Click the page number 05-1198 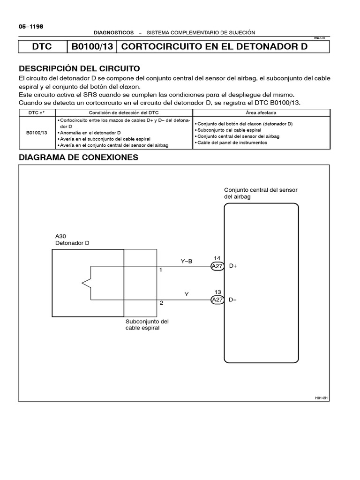pyautogui.click(x=31, y=27)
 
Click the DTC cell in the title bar pyautogui.click(x=42, y=47)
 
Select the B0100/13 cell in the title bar pyautogui.click(x=91, y=47)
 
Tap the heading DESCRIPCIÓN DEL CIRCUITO pyautogui.click(x=79, y=68)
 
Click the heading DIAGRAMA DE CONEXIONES pyautogui.click(x=78, y=157)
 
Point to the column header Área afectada pyautogui.click(x=261, y=113)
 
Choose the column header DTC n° pyautogui.click(x=37, y=113)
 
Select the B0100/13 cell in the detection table pyautogui.click(x=37, y=133)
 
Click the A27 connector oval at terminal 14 pyautogui.click(x=217, y=266)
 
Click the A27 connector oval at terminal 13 pyautogui.click(x=217, y=300)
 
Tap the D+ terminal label pyautogui.click(x=233, y=266)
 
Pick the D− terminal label pyautogui.click(x=233, y=300)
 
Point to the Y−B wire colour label pyautogui.click(x=187, y=261)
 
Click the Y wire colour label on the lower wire pyautogui.click(x=187, y=294)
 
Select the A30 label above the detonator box pyautogui.click(x=60, y=236)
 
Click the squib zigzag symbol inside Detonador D pyautogui.click(x=86, y=283)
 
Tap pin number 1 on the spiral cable pyautogui.click(x=161, y=270)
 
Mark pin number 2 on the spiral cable pyautogui.click(x=161, y=303)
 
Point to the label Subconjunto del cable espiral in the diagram pyautogui.click(x=147, y=324)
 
